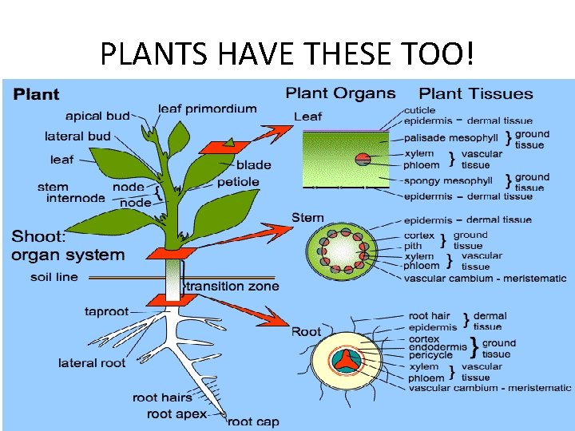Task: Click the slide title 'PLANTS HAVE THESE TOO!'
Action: (x=287, y=53)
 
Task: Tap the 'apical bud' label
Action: (x=97, y=116)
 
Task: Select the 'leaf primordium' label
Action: (x=208, y=109)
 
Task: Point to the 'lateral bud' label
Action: (x=77, y=136)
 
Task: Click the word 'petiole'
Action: (x=238, y=181)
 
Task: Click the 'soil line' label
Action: (x=54, y=278)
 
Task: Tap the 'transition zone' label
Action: (x=232, y=286)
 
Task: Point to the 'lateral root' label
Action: (x=92, y=363)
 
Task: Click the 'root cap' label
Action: (x=254, y=421)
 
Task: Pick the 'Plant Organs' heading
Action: (x=340, y=93)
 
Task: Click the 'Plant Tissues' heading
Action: (x=476, y=93)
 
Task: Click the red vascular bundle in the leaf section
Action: (x=363, y=159)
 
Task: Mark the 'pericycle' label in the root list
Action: (x=430, y=355)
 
